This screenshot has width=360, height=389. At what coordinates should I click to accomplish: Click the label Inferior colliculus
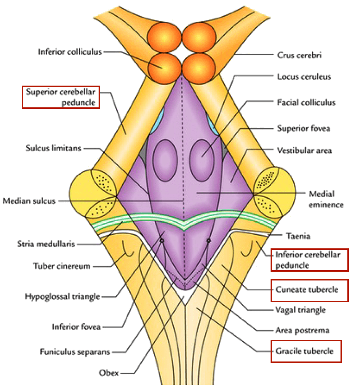[x=70, y=52]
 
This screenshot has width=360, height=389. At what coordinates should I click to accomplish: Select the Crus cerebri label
[x=299, y=55]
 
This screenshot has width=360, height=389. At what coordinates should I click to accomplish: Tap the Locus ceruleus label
[x=304, y=77]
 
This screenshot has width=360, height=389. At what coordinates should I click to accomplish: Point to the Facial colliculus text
[x=306, y=102]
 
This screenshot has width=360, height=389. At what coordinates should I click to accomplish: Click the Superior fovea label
[x=303, y=128]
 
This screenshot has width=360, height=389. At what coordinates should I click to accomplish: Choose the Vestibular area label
[x=304, y=151]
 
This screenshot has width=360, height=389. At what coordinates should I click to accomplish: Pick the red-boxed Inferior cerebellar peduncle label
[x=310, y=259]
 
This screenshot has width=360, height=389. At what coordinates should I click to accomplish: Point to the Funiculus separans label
[x=75, y=352]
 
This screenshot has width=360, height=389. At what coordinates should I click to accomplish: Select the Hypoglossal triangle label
[x=63, y=296]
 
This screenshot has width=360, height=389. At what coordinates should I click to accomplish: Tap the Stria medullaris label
[x=46, y=243]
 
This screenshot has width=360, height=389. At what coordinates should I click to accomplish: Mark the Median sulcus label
[x=29, y=201]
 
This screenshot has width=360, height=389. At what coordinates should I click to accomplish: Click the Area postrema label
[x=302, y=330]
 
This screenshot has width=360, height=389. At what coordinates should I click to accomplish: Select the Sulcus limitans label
[x=54, y=148]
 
